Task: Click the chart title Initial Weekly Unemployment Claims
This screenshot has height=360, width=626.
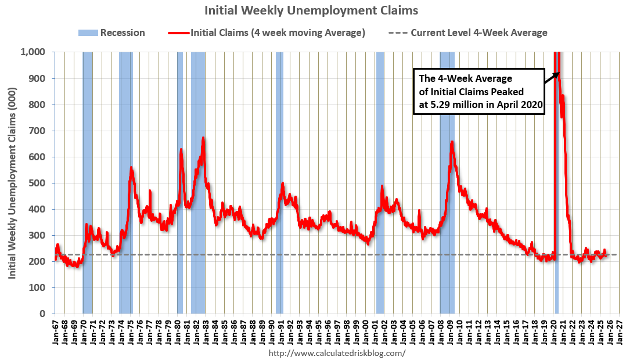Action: (311, 10)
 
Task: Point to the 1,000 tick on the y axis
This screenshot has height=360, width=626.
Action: (36, 52)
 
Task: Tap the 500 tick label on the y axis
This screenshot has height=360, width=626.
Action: (40, 183)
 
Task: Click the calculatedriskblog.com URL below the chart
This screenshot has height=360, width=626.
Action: (337, 353)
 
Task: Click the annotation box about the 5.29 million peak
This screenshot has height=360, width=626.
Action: (479, 92)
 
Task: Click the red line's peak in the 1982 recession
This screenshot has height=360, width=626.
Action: (203, 138)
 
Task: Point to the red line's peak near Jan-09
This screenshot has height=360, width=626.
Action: (452, 142)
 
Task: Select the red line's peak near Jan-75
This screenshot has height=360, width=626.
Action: (131, 168)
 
